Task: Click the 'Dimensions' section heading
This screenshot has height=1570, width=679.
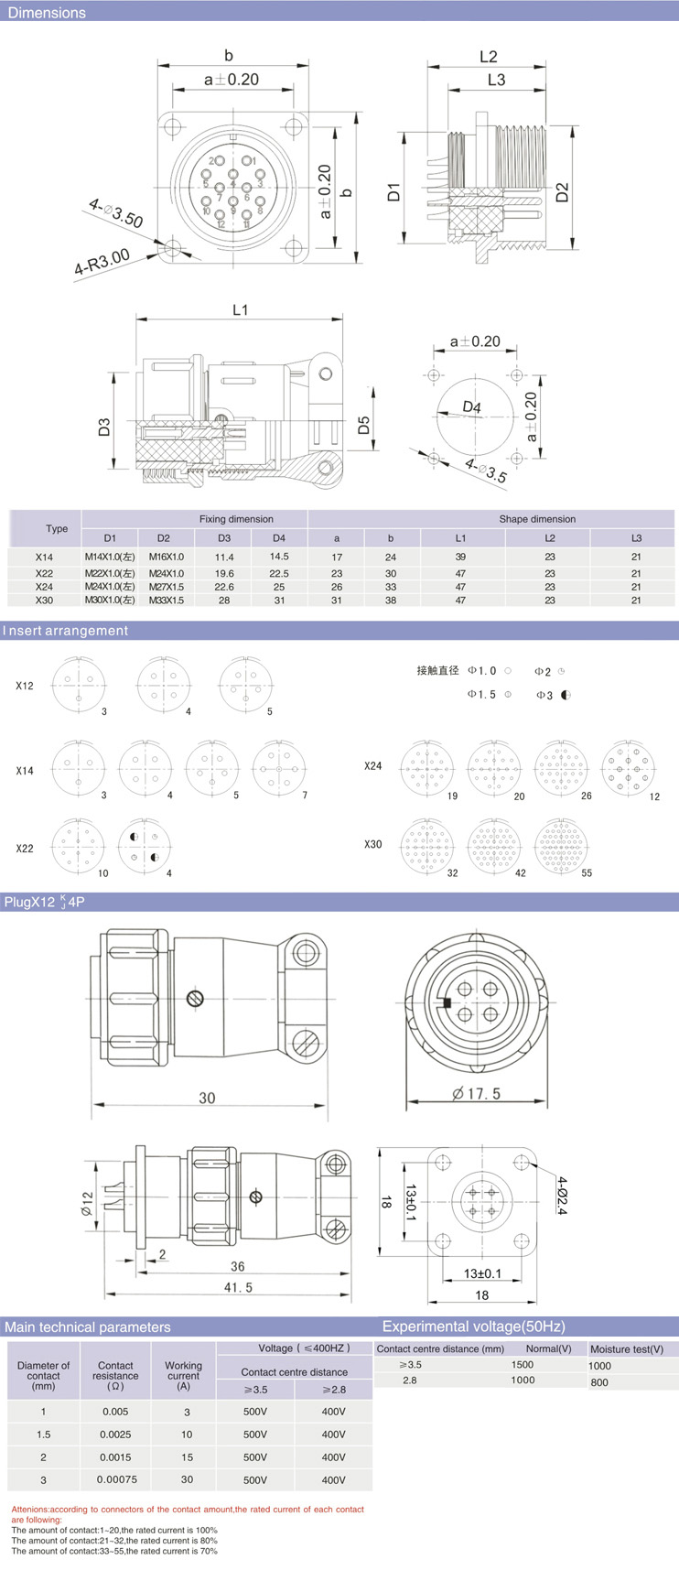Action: (47, 13)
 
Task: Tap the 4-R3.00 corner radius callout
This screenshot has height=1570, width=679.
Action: (102, 263)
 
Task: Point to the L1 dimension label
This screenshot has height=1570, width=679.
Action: (240, 310)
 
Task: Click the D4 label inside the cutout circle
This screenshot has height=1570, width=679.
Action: (471, 407)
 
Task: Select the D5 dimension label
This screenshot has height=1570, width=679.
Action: (364, 425)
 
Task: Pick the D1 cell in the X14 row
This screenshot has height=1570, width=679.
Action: (110, 557)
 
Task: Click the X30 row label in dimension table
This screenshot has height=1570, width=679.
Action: (44, 601)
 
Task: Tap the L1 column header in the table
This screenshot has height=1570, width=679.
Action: (460, 537)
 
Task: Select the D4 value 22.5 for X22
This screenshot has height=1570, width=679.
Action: (279, 573)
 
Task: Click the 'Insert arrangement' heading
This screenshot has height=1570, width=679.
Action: (66, 631)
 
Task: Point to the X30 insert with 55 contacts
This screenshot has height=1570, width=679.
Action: (560, 846)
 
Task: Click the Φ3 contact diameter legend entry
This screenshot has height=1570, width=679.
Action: (554, 695)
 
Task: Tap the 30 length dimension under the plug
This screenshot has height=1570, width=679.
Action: (207, 1098)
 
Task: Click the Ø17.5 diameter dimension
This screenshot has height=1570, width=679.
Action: (477, 1093)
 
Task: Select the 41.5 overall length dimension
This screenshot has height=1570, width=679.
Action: (238, 1287)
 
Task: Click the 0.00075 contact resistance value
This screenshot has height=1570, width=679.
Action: (115, 1479)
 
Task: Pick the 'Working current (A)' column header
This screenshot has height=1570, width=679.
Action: (183, 1370)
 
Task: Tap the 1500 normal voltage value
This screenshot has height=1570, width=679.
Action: (523, 1364)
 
